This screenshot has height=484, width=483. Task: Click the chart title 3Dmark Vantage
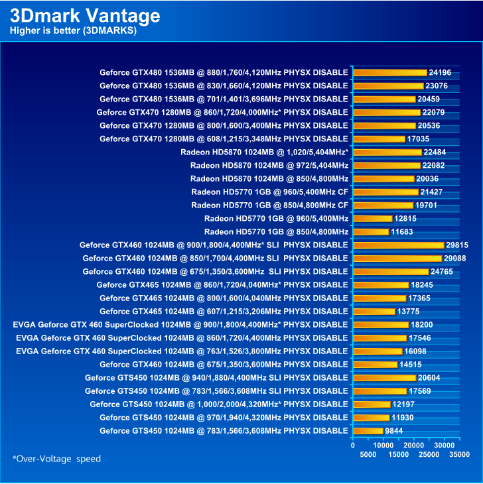coord(84,15)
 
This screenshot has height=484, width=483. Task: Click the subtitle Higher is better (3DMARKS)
coord(73,31)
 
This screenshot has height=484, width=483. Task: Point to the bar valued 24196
coord(390,72)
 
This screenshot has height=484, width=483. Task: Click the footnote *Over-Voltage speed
coord(56,459)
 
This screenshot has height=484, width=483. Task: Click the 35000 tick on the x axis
coord(459,454)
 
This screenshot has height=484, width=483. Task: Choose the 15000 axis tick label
coord(397,454)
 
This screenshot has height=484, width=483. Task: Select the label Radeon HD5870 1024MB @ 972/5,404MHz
coord(269,165)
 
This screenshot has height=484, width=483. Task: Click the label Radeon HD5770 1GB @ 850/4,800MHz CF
coord(269,205)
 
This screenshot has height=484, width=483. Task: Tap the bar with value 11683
coord(371,231)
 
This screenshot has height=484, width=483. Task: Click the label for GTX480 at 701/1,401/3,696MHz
coord(224,99)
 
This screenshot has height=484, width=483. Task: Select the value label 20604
coord(429,377)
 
